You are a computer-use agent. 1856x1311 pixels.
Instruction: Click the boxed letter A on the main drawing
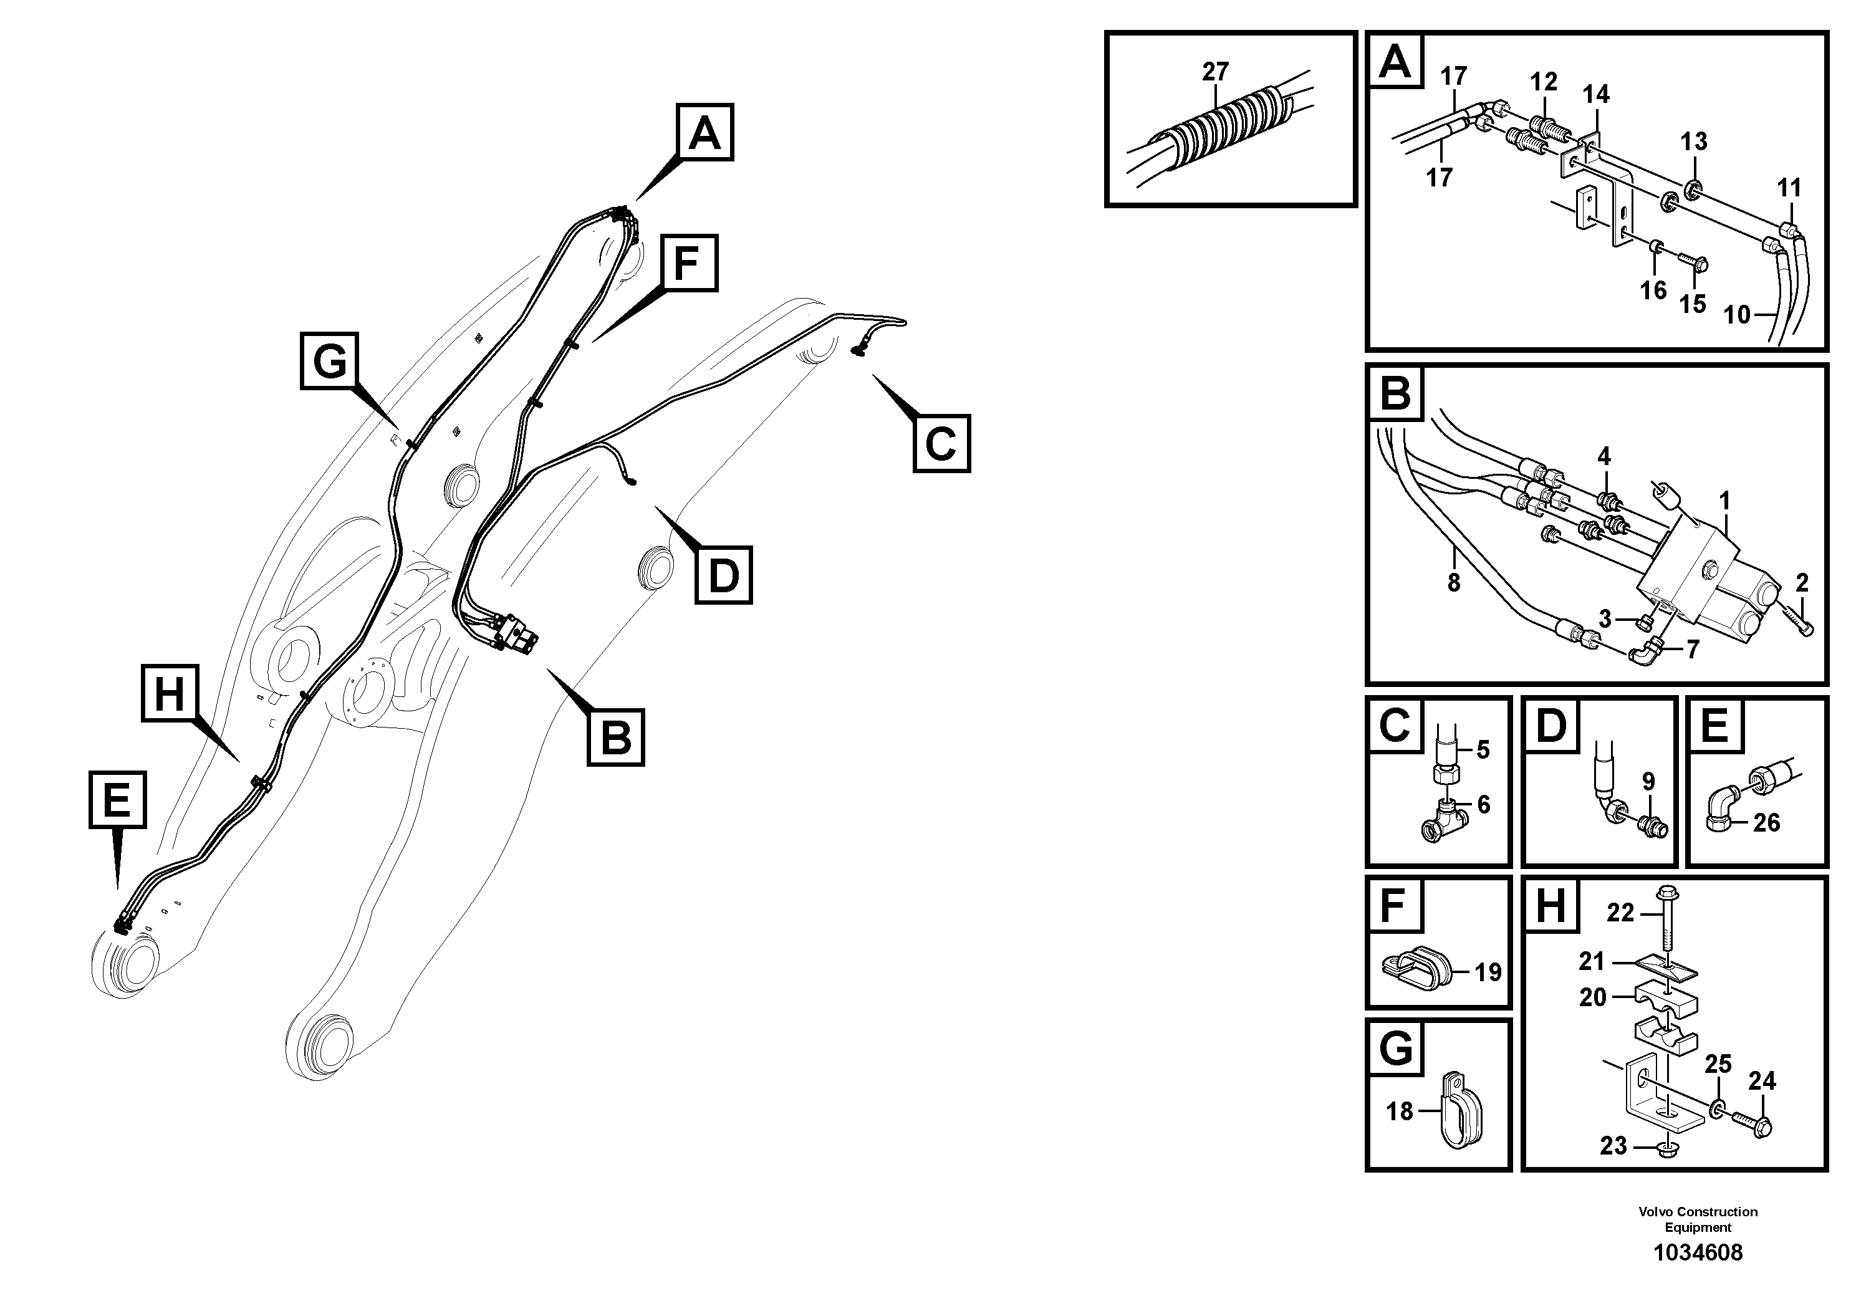(704, 133)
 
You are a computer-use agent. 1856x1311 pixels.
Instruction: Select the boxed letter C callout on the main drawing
(941, 444)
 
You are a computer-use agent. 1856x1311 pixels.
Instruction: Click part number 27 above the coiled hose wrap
(1215, 72)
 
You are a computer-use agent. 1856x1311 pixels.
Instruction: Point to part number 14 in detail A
(1595, 95)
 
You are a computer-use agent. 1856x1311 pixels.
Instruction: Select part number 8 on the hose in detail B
(1453, 582)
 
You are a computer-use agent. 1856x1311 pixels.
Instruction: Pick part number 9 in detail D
(1648, 782)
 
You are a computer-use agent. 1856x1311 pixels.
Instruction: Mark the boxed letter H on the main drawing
(170, 693)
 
